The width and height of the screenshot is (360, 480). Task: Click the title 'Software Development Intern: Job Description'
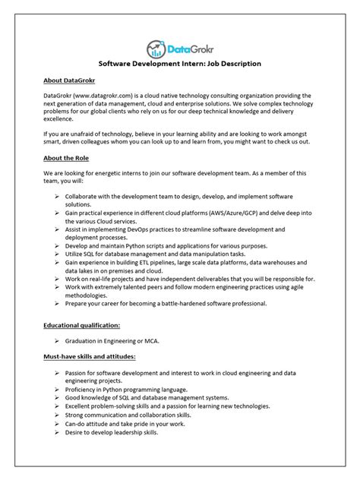pos(181,65)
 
